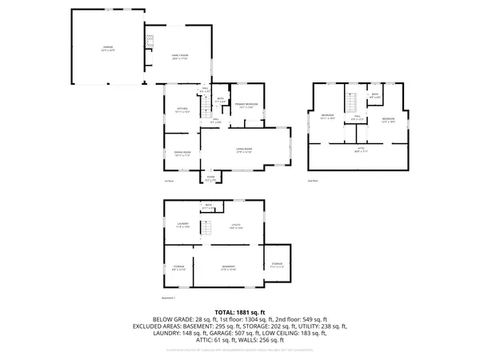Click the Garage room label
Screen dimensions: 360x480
point(108,48)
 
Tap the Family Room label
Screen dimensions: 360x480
point(180,55)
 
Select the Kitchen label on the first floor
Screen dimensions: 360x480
point(182,110)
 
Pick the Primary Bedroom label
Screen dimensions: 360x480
point(246,105)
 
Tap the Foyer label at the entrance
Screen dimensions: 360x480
point(210,180)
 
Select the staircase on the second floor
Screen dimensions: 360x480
point(350,102)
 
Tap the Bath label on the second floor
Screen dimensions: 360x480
point(375,95)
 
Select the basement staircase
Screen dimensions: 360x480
point(205,230)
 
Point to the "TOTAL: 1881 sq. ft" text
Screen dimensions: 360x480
point(240,311)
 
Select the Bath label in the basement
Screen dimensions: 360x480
point(209,207)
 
